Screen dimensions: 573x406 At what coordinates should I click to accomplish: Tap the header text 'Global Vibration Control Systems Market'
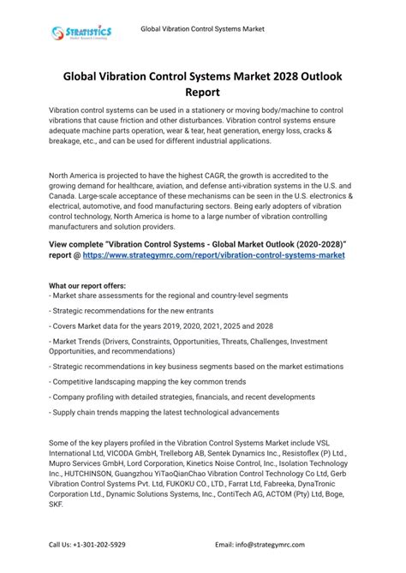point(202,29)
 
